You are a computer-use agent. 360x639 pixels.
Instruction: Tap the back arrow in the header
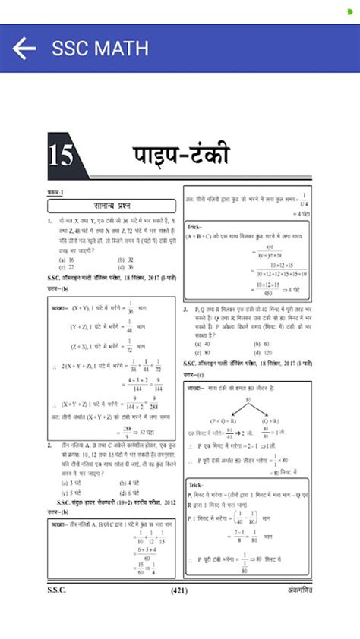[24, 49]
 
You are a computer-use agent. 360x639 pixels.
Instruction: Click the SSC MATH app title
[99, 49]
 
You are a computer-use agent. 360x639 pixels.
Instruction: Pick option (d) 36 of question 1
[125, 267]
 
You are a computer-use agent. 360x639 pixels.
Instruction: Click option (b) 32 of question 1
[125, 260]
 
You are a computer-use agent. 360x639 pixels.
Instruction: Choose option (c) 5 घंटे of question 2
[71, 491]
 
